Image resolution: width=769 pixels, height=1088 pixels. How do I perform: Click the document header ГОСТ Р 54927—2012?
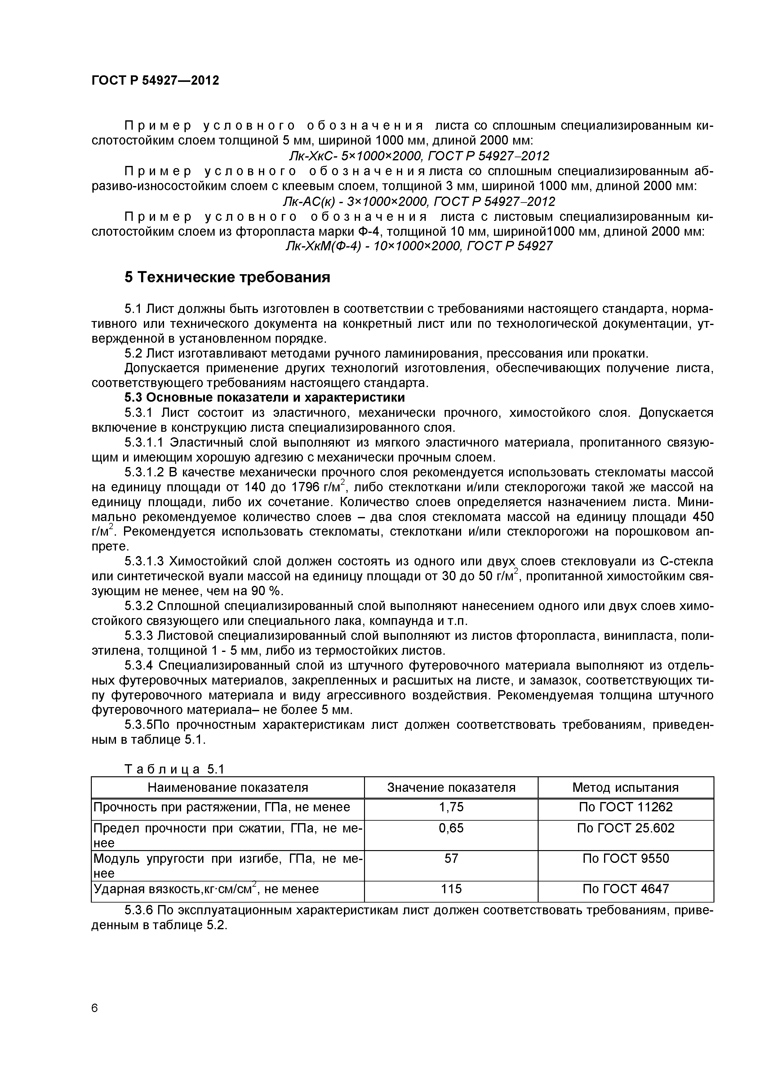click(155, 81)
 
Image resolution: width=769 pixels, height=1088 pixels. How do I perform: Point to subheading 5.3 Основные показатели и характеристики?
click(264, 397)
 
